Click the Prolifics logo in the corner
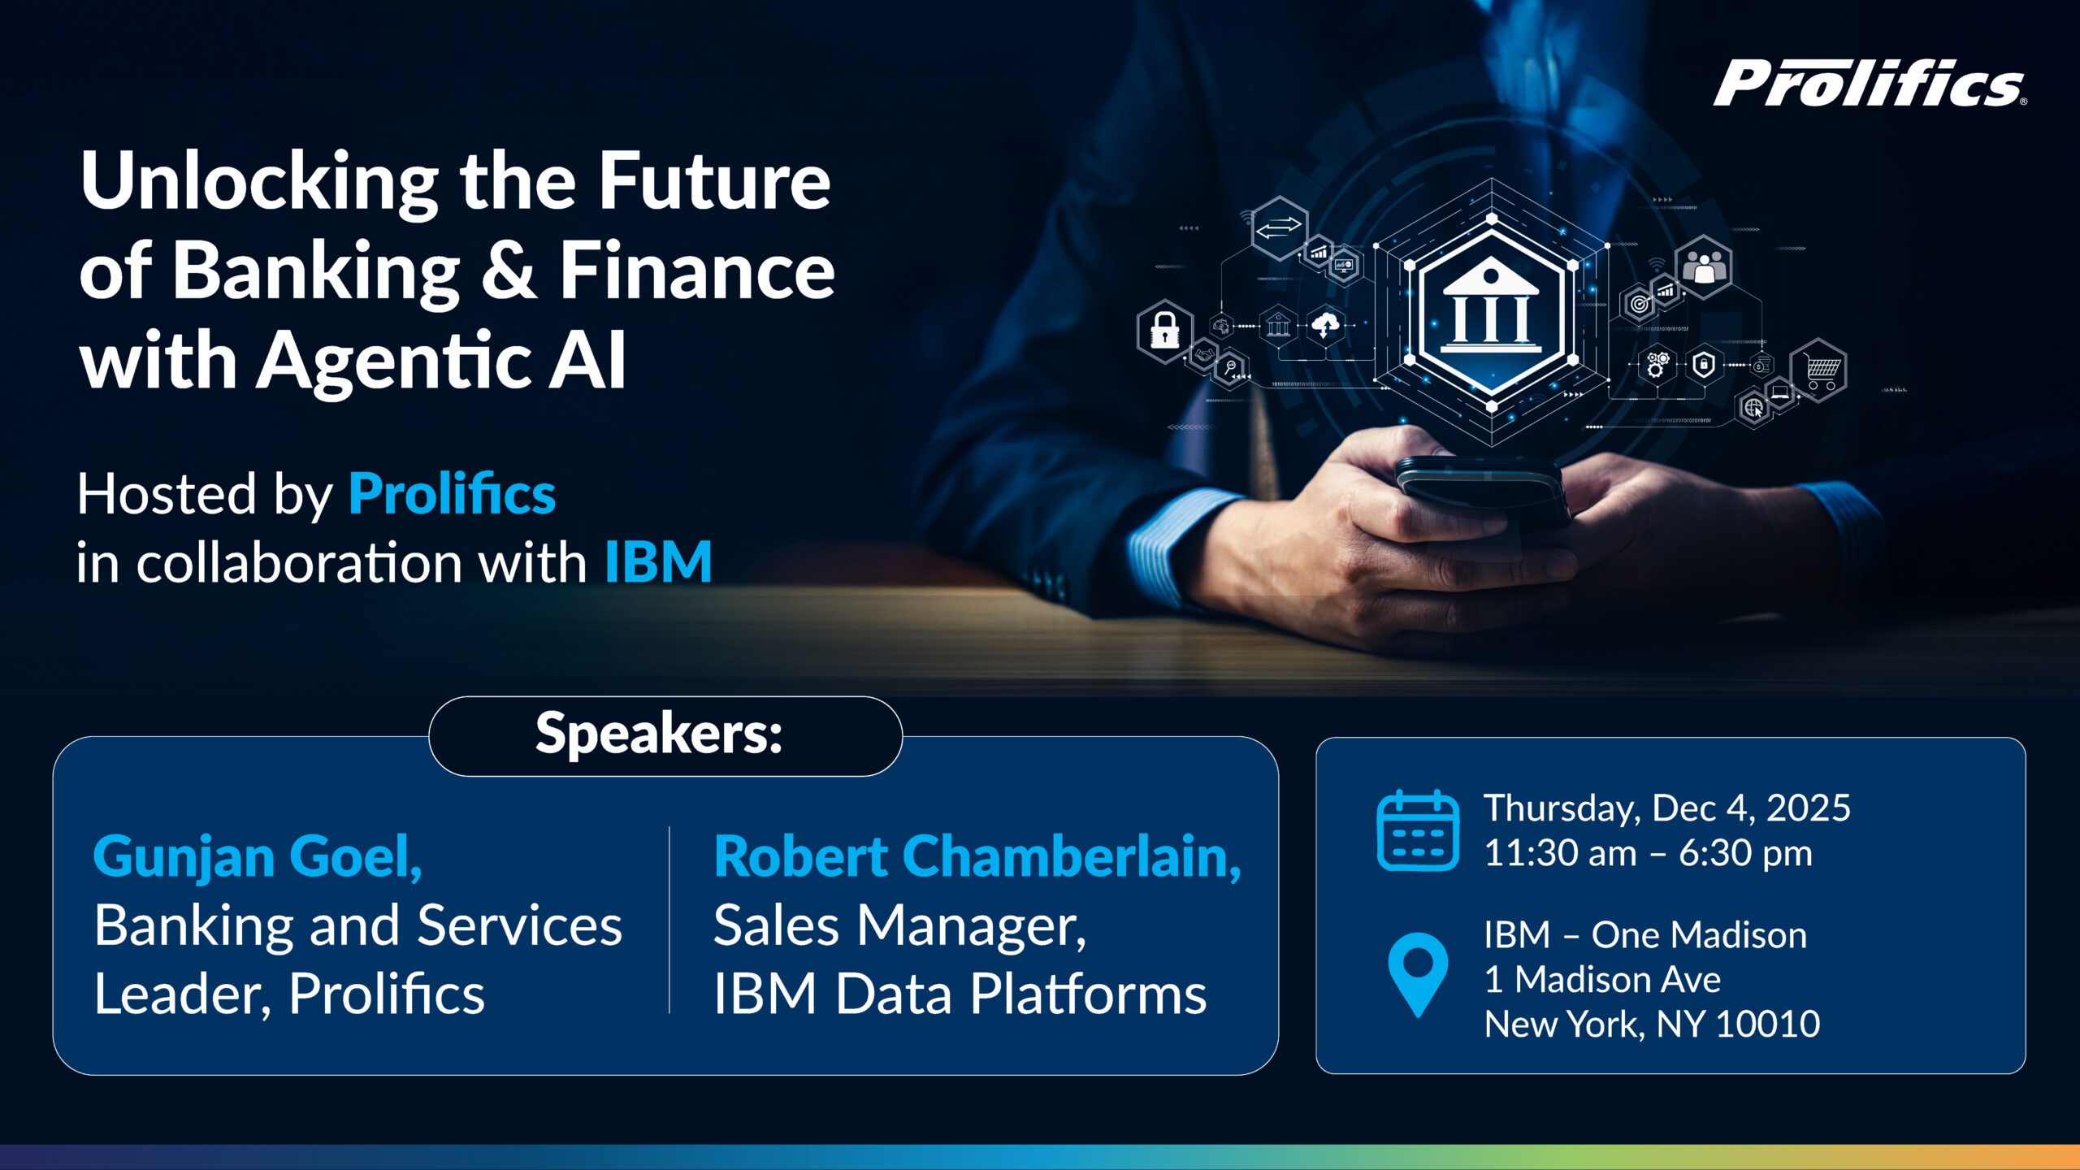1869,83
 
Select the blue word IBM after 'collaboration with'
658,561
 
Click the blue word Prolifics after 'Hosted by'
452,494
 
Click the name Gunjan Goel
257,856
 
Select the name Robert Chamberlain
977,856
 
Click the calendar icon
1418,830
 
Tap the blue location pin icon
1418,971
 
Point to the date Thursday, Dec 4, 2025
1666,808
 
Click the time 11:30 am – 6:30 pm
1648,853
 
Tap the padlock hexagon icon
1164,330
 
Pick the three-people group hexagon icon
1704,266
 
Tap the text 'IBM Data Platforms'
960,994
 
